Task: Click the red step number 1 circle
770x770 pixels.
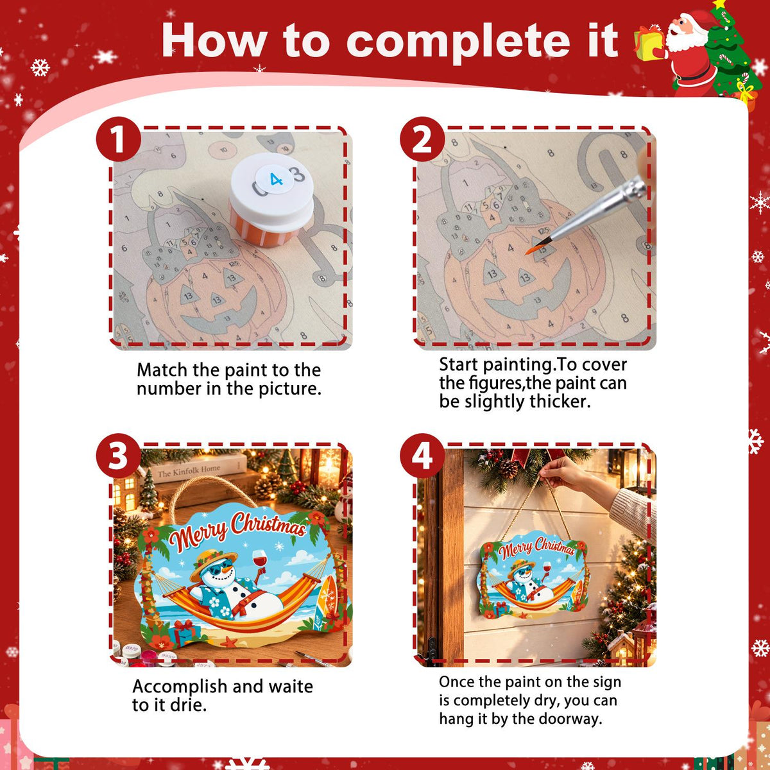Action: [118, 139]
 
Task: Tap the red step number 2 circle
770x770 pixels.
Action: [422, 139]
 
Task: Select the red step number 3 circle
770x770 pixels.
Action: [118, 456]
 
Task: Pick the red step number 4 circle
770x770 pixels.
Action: [422, 456]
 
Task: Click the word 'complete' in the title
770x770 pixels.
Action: [458, 42]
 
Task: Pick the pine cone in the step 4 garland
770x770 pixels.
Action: [508, 468]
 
